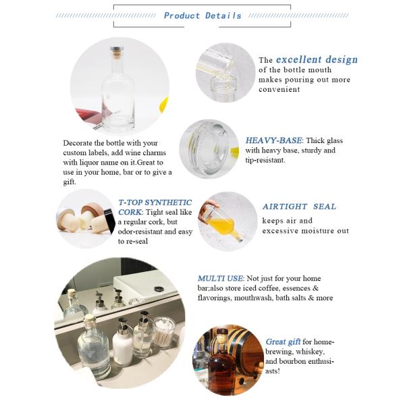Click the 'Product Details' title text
pyautogui.click(x=202, y=16)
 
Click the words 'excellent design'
pyautogui.click(x=317, y=59)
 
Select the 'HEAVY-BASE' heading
pyautogui.click(x=273, y=140)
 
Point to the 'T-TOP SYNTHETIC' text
pyautogui.click(x=155, y=202)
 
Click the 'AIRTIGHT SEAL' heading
pyautogui.click(x=299, y=207)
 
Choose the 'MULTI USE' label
pyautogui.click(x=220, y=278)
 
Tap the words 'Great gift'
pyautogui.click(x=283, y=342)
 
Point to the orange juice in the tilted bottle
pyautogui.click(x=221, y=225)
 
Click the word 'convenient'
pyautogui.click(x=279, y=90)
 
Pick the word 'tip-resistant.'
pyautogui.click(x=265, y=160)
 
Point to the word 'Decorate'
pyautogui.click(x=77, y=143)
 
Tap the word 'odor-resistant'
pyautogui.click(x=140, y=232)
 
